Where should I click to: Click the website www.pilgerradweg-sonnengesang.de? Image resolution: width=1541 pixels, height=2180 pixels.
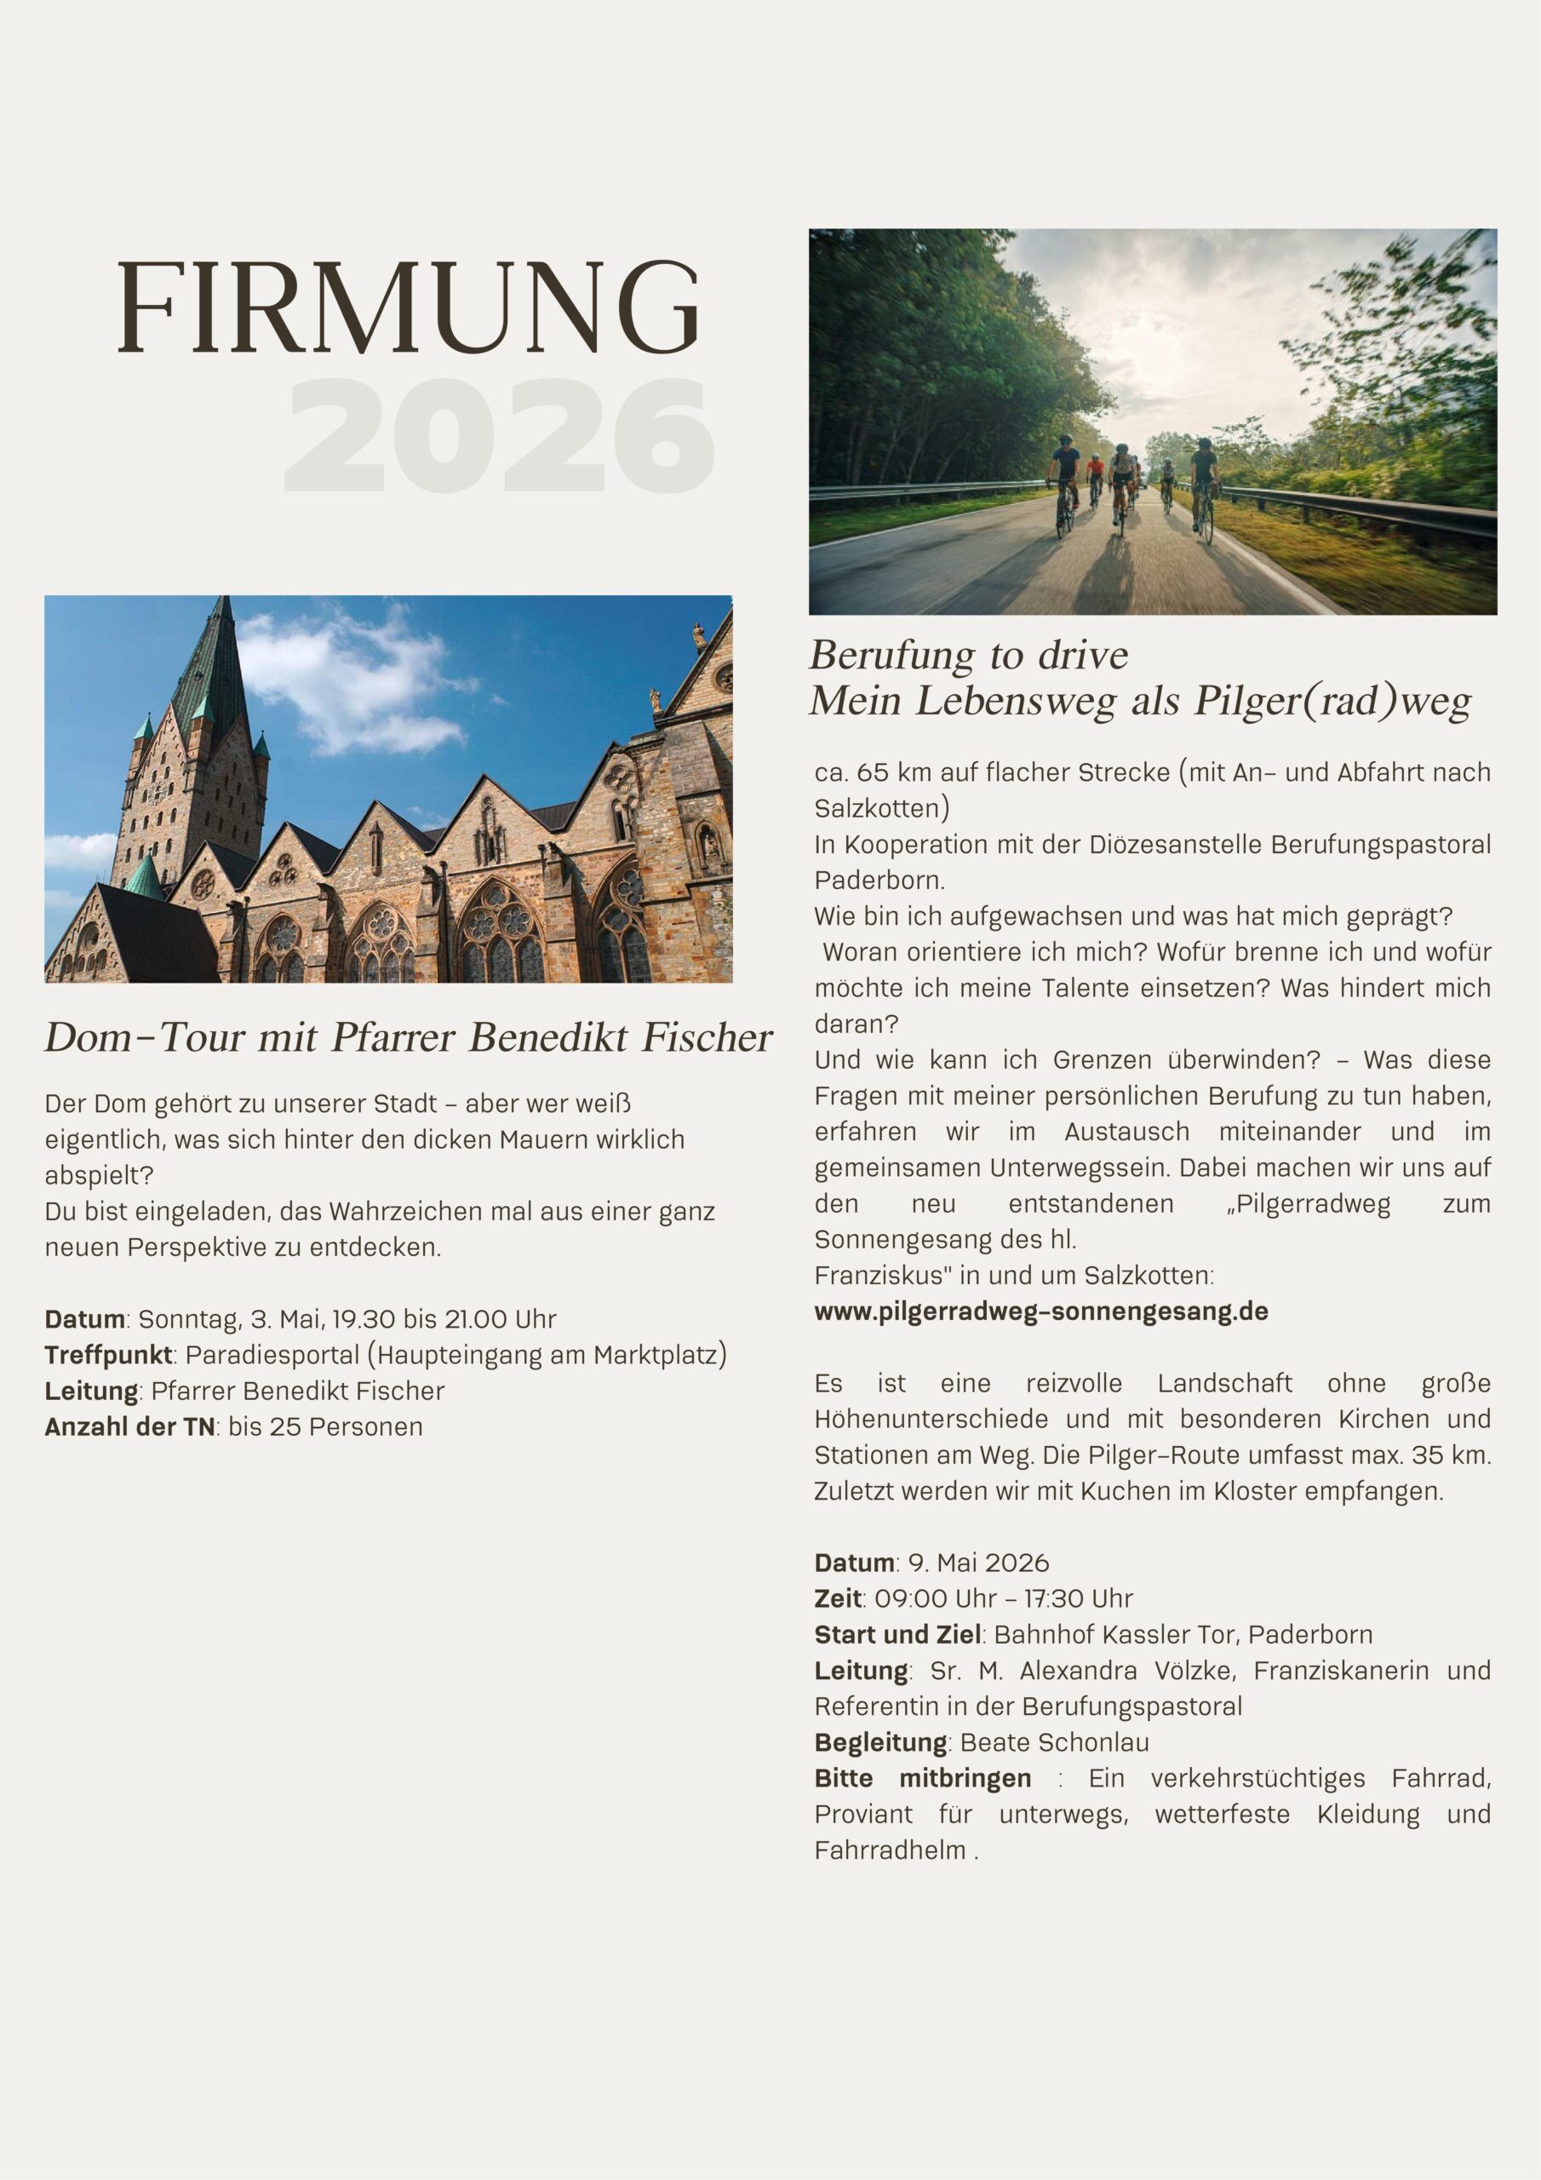click(1040, 1311)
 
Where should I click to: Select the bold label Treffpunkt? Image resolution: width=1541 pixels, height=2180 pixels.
click(107, 1355)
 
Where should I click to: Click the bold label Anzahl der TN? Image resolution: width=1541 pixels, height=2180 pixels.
click(129, 1427)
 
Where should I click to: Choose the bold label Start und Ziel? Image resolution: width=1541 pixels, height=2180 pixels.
click(897, 1635)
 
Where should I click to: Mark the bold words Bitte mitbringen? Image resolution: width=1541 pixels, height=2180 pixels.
click(922, 1778)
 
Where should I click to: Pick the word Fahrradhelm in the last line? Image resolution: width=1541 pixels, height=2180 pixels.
click(890, 1850)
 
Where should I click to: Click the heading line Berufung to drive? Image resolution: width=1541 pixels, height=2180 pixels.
click(969, 655)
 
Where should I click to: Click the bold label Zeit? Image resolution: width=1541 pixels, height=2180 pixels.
click(838, 1599)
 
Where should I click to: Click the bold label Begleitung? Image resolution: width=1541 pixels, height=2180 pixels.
click(880, 1742)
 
